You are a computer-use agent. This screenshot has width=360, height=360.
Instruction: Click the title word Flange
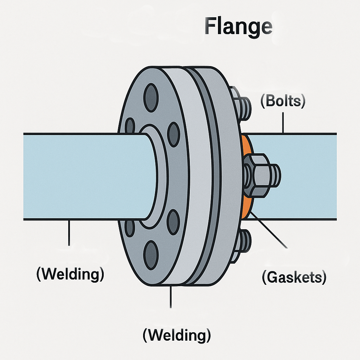pos(238,27)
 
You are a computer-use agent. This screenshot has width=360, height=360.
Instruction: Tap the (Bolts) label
pos(283,101)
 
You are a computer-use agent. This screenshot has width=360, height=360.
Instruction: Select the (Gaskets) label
pos(294,277)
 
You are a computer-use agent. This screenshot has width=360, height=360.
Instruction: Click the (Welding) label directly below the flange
pos(176,335)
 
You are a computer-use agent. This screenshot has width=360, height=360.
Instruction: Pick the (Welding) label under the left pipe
pos(70,274)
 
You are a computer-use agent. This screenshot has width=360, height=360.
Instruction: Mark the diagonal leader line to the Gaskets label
pos(269,230)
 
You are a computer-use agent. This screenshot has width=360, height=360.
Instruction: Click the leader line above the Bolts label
pos(283,123)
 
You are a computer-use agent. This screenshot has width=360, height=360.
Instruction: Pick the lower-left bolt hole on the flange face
pos(130,227)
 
